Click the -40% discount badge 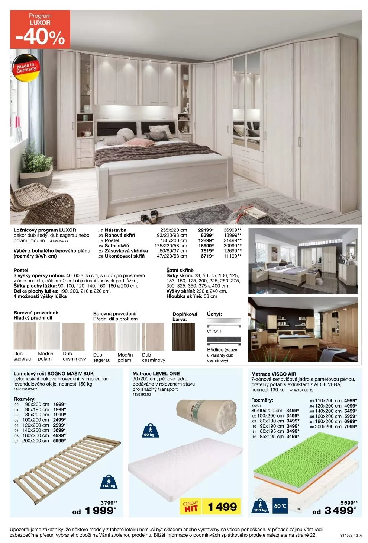point(40,30)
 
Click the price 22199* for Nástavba point(206,230)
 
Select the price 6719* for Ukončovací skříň point(207,256)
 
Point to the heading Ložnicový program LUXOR point(45,230)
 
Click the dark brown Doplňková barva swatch point(184,336)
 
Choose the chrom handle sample point(224,321)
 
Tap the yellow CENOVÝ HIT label point(191,507)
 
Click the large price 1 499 point(222,507)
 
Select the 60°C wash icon point(280,506)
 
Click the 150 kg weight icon point(109,482)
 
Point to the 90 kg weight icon point(149,430)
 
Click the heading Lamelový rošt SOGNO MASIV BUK point(54,373)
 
